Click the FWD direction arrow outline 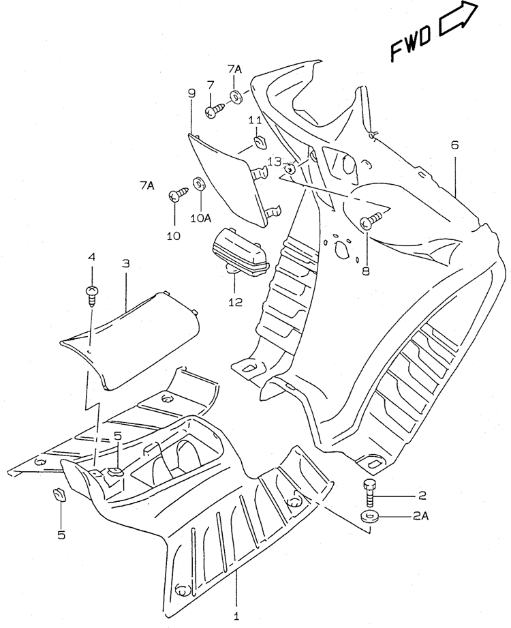(459, 19)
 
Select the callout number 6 (454, 145)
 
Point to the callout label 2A (420, 516)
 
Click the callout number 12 (236, 302)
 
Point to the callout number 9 (191, 93)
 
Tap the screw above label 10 (179, 193)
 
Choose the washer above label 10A (198, 183)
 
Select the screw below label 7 (215, 110)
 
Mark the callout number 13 (275, 162)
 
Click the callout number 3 (125, 263)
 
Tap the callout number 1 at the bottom (236, 616)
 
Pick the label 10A (200, 218)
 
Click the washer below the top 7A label (235, 97)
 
